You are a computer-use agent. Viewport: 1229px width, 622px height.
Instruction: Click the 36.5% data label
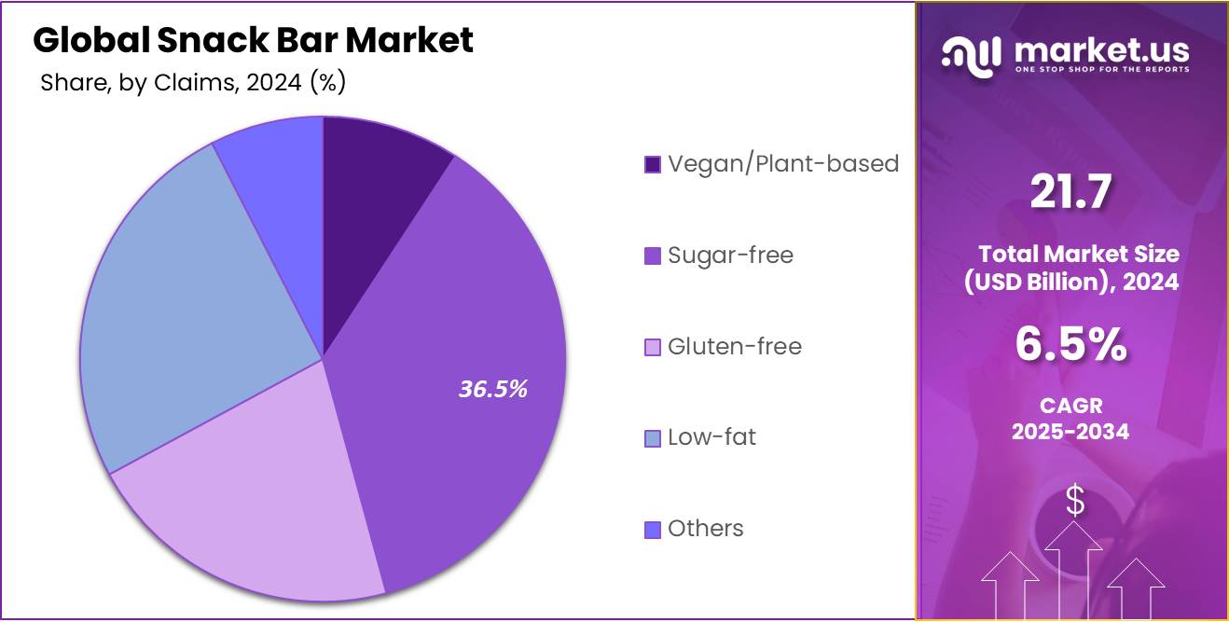point(492,389)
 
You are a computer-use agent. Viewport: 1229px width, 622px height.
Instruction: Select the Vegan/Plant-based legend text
point(783,164)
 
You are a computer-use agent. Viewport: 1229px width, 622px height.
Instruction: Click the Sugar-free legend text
point(730,256)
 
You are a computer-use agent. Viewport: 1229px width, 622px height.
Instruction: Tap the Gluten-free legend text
point(734,347)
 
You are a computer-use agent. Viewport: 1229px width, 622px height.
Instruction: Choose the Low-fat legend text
point(711,437)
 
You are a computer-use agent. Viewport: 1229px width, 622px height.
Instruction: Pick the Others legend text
point(706,529)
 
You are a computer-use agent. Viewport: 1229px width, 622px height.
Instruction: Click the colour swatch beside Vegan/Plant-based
point(653,165)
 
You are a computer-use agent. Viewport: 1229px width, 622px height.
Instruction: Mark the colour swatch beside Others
point(653,530)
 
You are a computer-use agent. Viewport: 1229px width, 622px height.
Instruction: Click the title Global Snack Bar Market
point(254,40)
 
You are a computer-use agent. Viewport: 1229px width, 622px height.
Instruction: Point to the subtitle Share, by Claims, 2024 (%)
point(193,83)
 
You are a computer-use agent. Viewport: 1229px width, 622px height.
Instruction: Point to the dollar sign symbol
point(1075,501)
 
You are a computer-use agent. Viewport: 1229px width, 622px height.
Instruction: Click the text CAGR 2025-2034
point(1070,418)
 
